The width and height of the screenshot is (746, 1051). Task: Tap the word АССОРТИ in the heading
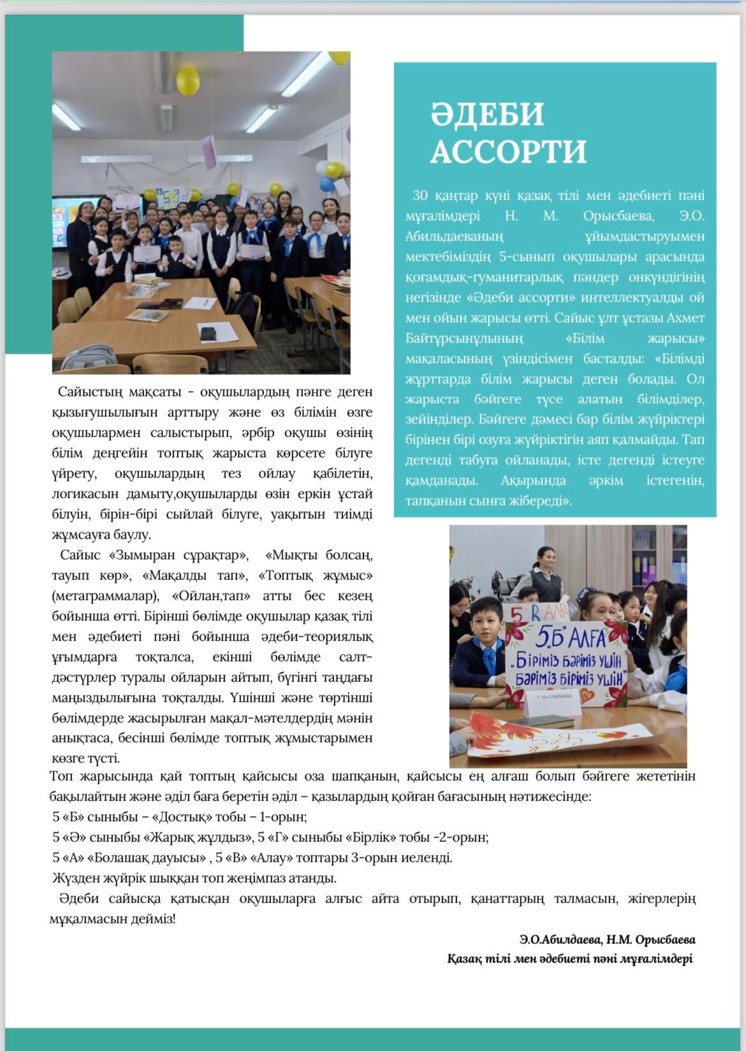[x=508, y=152]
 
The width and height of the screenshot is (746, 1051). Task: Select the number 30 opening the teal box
[x=421, y=196]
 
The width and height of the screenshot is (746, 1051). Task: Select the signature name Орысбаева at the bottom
[x=666, y=939]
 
